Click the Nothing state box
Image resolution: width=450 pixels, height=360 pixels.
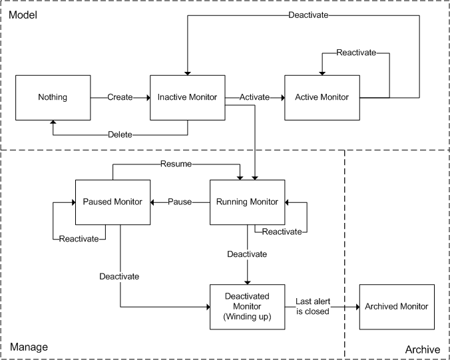[x=53, y=97]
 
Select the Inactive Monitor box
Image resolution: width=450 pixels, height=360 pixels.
[x=187, y=97]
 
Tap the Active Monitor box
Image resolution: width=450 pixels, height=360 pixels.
[x=322, y=97]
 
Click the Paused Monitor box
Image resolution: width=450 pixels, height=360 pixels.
[x=112, y=202]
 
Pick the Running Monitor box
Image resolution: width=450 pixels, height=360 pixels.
[x=248, y=202]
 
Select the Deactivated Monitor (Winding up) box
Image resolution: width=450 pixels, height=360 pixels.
[x=248, y=306]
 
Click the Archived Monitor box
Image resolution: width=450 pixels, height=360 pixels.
[x=397, y=306]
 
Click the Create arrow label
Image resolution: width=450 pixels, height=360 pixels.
[x=120, y=97]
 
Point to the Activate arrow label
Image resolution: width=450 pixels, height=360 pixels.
[x=254, y=97]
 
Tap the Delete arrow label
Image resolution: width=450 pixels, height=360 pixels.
[x=120, y=135]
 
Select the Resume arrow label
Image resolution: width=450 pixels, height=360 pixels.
[x=176, y=164]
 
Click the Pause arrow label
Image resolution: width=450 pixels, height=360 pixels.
[x=180, y=202]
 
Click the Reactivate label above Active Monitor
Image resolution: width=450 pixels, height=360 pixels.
[x=355, y=53]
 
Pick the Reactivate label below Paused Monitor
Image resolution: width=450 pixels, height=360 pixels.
[x=78, y=239]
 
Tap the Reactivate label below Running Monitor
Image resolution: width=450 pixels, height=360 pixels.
[x=280, y=232]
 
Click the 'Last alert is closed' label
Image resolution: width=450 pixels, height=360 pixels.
[x=312, y=306]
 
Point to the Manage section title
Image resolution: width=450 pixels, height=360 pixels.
[x=29, y=347]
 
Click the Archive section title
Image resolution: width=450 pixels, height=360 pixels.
[x=423, y=349]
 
